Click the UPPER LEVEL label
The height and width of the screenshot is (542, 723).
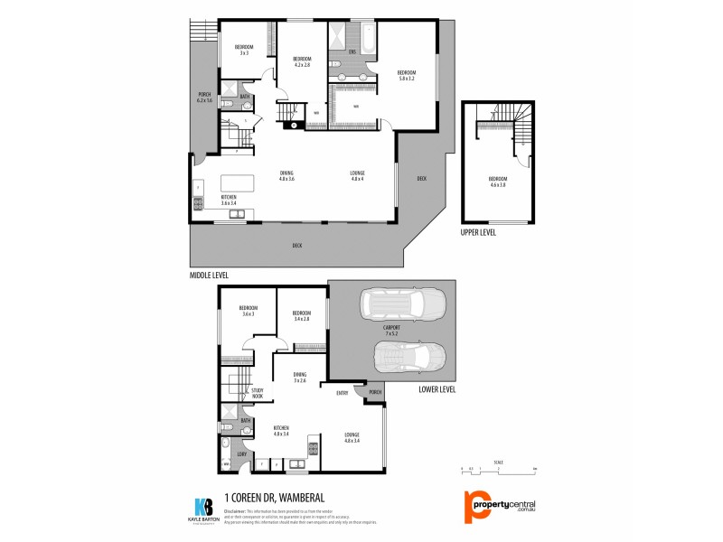click(479, 232)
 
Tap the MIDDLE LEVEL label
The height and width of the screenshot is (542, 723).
click(209, 275)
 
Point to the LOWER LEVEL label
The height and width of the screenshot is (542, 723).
click(437, 389)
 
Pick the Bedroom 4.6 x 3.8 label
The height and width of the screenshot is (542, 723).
click(498, 181)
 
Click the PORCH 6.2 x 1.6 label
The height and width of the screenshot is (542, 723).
click(204, 97)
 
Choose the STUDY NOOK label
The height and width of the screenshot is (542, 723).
click(258, 392)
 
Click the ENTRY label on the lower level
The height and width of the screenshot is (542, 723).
click(343, 393)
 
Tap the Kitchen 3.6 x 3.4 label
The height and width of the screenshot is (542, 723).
click(229, 201)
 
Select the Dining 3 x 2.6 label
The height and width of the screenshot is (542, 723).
click(301, 377)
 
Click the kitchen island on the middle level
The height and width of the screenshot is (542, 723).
click(237, 183)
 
